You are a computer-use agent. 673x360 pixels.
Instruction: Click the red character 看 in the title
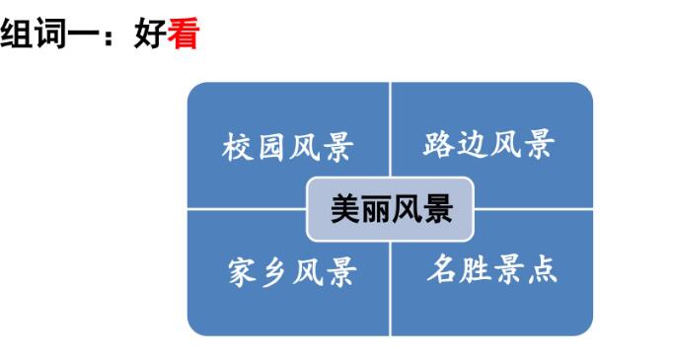(x=185, y=36)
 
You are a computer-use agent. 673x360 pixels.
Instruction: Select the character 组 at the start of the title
(x=18, y=36)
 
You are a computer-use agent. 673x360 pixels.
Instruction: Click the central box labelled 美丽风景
(x=390, y=209)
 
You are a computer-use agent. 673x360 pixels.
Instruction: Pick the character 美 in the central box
(x=345, y=209)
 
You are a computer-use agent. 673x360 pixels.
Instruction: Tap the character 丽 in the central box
(x=375, y=209)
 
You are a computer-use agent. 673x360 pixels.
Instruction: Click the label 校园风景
(x=288, y=148)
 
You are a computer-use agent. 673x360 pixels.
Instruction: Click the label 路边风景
(x=488, y=145)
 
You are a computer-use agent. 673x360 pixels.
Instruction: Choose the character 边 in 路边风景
(x=472, y=145)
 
